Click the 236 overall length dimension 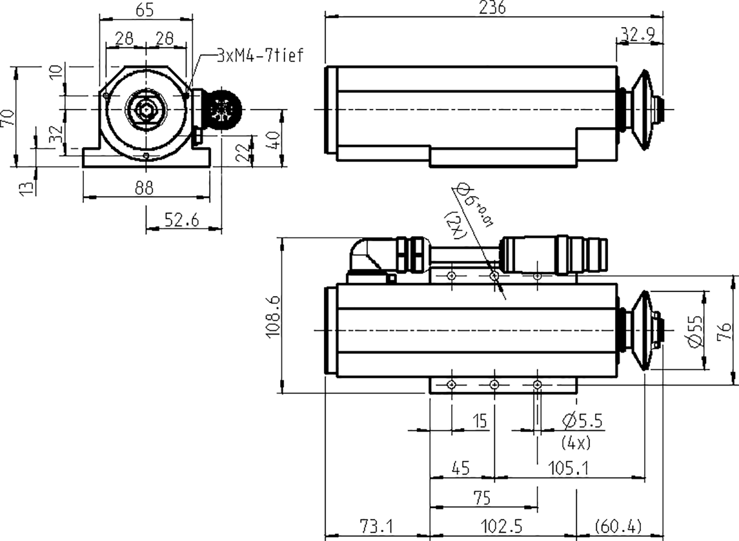493,8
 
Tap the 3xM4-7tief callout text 260,55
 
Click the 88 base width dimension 144,188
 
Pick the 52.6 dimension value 182,220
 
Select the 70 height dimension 7,118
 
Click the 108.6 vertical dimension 273,316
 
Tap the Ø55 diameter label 694,331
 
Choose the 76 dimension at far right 724,331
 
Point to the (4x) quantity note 576,443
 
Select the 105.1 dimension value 568,469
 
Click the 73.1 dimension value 377,526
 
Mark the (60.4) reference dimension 619,526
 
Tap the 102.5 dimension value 502,526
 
